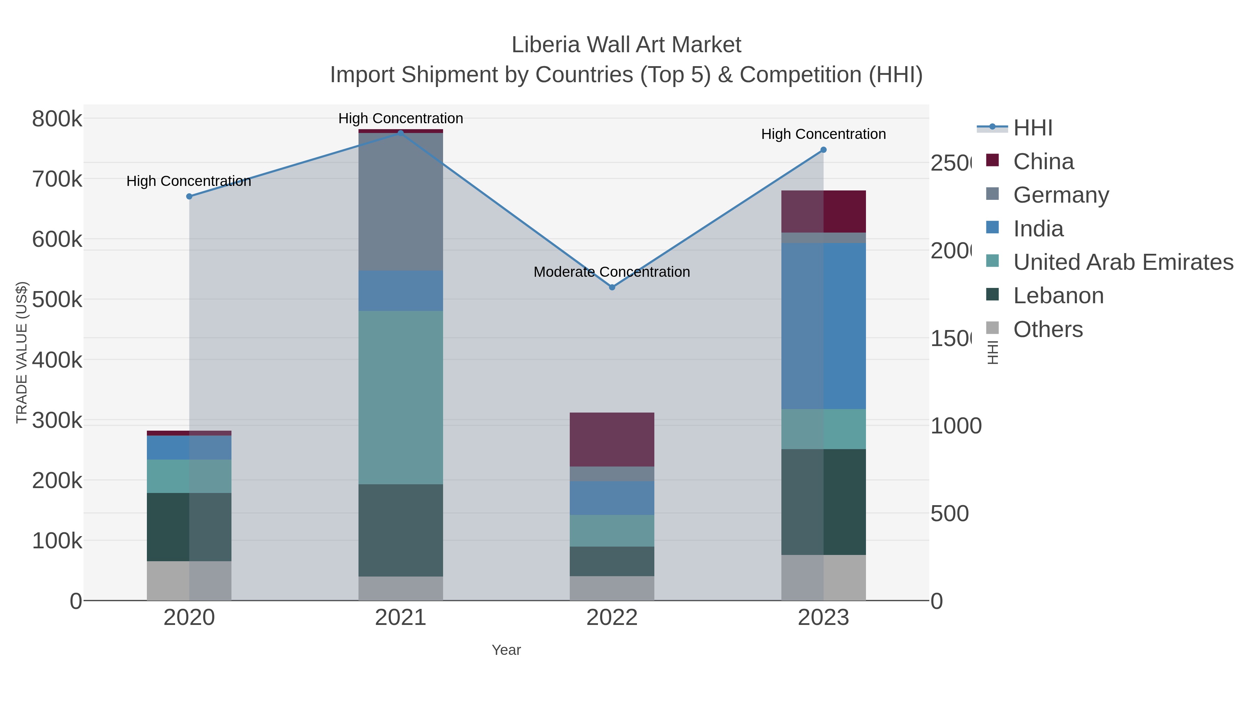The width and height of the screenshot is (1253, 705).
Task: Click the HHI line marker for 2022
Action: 612,288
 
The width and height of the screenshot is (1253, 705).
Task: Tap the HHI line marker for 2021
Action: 400,133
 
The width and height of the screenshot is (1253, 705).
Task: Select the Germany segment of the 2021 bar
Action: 400,202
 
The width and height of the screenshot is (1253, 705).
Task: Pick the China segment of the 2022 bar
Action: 612,439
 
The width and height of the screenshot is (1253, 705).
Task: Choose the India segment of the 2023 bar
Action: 823,326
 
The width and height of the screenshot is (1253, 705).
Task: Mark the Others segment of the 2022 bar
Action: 612,588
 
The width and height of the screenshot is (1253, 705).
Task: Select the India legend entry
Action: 1038,229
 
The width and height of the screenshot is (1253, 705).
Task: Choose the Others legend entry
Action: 1048,329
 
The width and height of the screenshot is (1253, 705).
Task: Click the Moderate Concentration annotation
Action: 612,272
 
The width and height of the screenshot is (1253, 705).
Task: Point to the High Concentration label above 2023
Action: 823,134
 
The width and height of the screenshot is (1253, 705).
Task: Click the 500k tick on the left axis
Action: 57,300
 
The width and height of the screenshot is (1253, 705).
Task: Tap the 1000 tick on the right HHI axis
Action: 956,426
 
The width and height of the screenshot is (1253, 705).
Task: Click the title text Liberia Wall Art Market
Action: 626,45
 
